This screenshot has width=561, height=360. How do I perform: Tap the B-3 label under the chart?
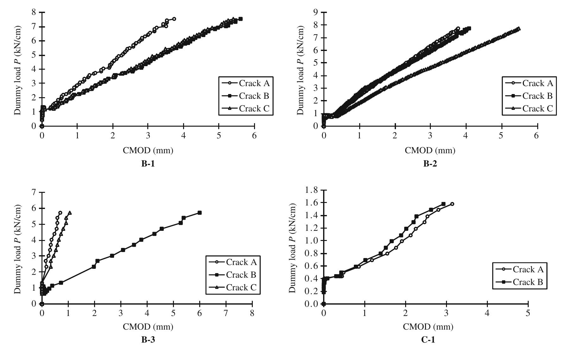coord(148,340)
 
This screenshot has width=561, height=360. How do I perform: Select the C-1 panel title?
coord(428,340)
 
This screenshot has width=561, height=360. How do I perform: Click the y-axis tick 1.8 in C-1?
coord(312,190)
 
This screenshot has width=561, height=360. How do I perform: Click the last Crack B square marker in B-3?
coord(200,213)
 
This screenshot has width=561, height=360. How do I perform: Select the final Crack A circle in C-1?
coord(452,204)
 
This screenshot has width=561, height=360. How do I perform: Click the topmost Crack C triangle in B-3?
coord(70,213)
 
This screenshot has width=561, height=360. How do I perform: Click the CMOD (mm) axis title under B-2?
coord(430,150)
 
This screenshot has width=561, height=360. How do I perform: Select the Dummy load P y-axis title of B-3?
coord(18,249)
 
